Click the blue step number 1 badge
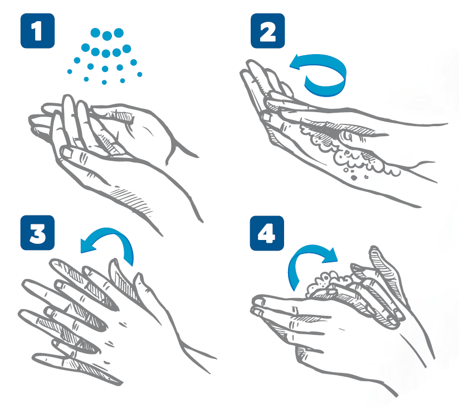click(37, 31)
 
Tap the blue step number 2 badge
click(267, 31)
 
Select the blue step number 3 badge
click(37, 233)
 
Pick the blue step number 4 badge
click(267, 233)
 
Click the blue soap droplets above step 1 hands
click(105, 56)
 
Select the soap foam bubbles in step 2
click(348, 152)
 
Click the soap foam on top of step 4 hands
click(328, 283)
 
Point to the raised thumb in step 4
click(380, 264)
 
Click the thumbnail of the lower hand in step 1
click(67, 152)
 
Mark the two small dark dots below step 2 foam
click(359, 177)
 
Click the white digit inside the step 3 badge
click(37, 233)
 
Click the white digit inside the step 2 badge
click(267, 31)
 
